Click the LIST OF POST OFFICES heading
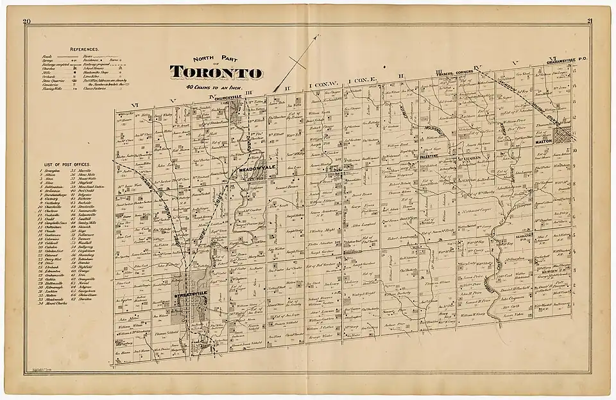pyautogui.click(x=63, y=166)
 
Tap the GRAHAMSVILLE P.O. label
pyautogui.click(x=565, y=62)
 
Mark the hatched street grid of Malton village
pyautogui.click(x=566, y=135)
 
